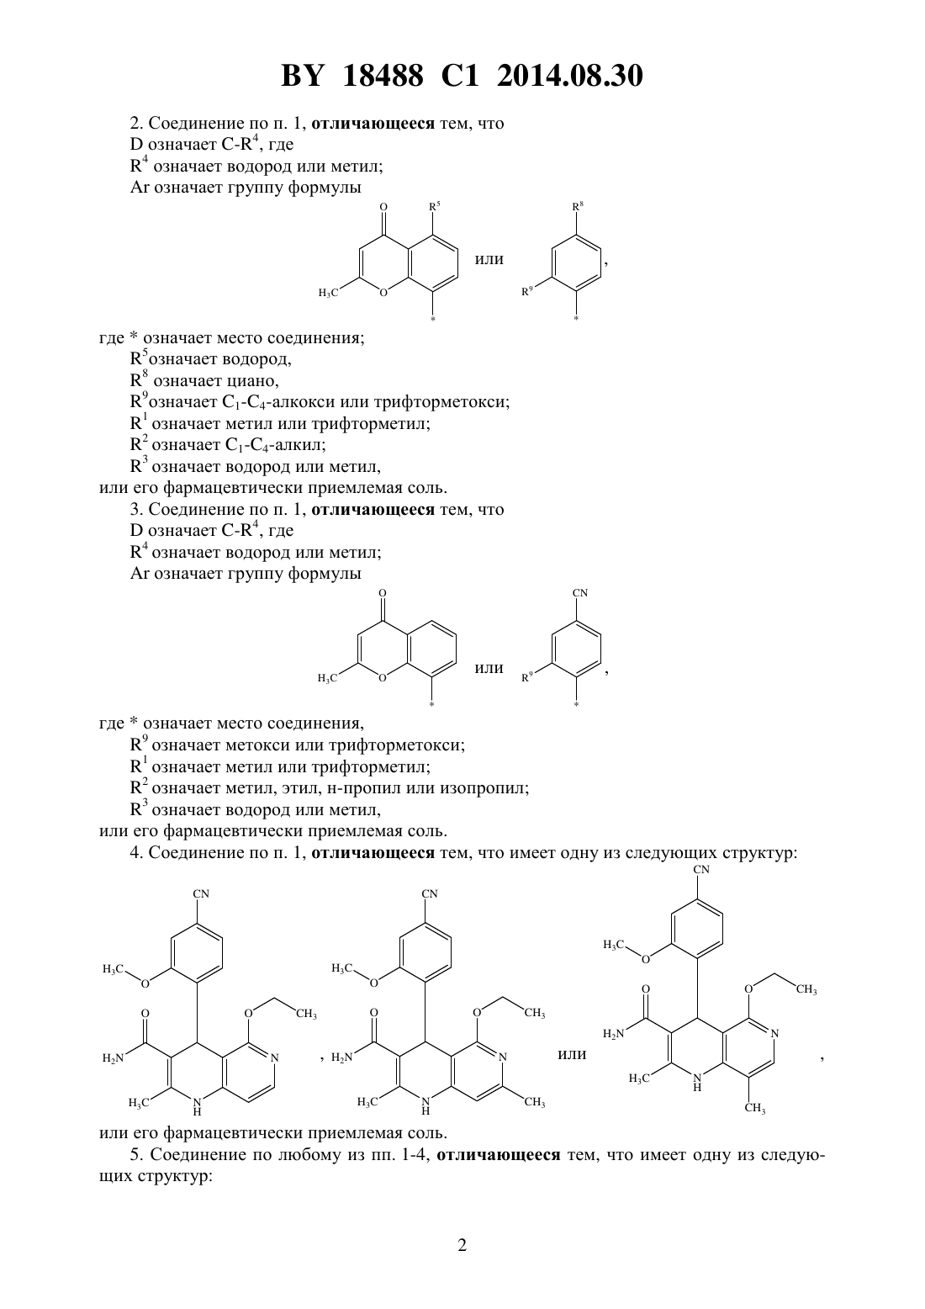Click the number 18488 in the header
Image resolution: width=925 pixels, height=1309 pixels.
pos(383,76)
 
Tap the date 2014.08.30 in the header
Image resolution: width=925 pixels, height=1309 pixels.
pos(570,76)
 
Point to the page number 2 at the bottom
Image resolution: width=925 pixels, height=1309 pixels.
pos(462,1245)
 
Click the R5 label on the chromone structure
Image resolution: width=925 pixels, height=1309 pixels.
pos(435,206)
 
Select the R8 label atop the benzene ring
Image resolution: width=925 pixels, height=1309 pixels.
pos(578,206)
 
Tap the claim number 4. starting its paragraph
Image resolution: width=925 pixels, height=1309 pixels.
pos(136,852)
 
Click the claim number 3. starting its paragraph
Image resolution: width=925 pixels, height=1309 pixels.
pos(136,510)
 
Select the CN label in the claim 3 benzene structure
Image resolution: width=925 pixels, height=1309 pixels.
pos(580,592)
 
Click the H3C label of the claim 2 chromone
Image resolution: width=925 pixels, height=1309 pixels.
pos(328,293)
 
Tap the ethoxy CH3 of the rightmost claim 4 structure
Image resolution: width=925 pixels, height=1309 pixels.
pos(806,990)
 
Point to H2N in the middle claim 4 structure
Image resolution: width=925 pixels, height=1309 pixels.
pos(342,1057)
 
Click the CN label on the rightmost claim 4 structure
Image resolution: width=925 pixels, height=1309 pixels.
pos(701,869)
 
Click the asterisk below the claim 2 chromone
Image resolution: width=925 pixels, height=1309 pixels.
pos(433,319)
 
